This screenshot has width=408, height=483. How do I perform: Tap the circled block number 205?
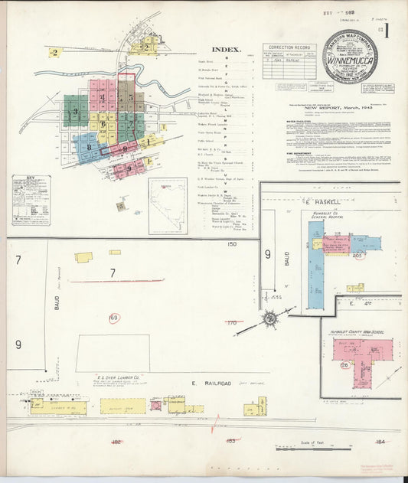pos(357,257)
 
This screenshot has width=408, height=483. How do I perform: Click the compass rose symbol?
pos(270,318)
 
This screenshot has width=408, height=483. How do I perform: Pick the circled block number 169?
pos(114,318)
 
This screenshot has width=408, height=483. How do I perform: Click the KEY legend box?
pos(31,200)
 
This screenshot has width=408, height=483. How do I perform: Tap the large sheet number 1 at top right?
pos(387,34)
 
